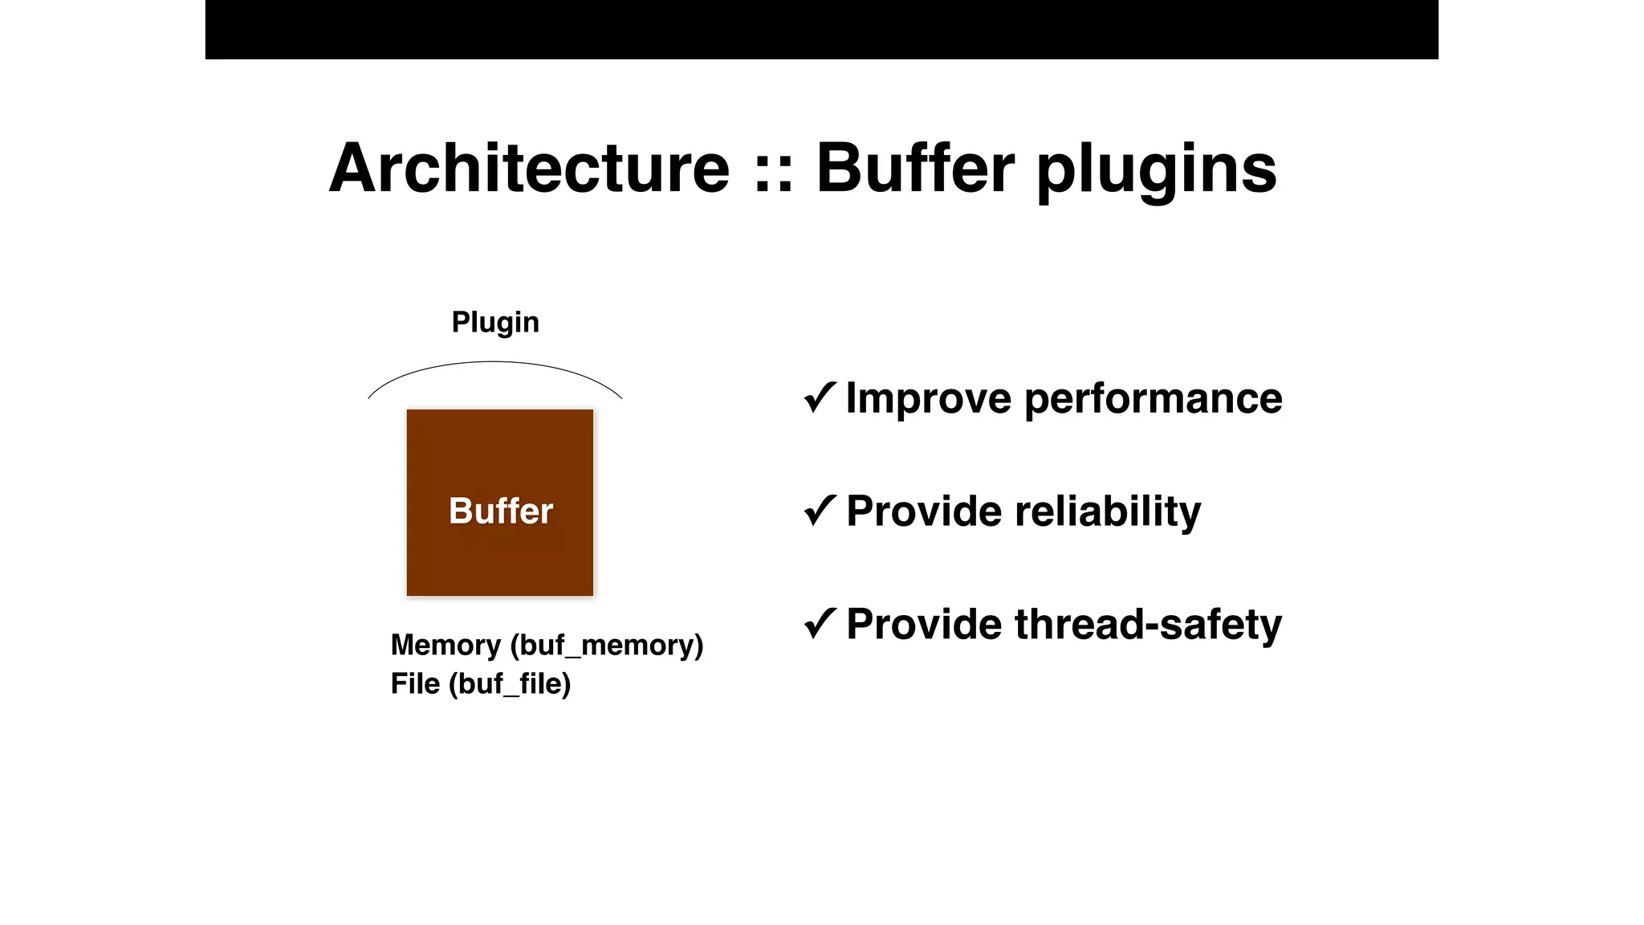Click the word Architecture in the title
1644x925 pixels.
tap(529, 169)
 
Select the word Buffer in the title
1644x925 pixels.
tap(915, 169)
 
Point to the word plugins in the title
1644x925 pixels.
tap(1156, 170)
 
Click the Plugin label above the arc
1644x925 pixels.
tap(495, 322)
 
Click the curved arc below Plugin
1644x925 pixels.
tap(494, 363)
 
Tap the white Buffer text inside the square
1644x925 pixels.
tap(501, 511)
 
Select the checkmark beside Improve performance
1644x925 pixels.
tap(820, 397)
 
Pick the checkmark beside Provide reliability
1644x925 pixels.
tap(820, 511)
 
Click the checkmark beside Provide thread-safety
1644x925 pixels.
tap(820, 624)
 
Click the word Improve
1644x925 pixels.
tap(928, 399)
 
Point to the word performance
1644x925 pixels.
tap(1153, 399)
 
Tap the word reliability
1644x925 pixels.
tap(1108, 512)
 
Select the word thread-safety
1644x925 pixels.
tap(1148, 625)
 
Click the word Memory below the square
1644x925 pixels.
tap(446, 646)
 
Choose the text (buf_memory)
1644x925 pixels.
tap(607, 646)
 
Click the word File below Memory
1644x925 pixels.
tap(415, 684)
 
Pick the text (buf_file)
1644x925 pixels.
tap(510, 684)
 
